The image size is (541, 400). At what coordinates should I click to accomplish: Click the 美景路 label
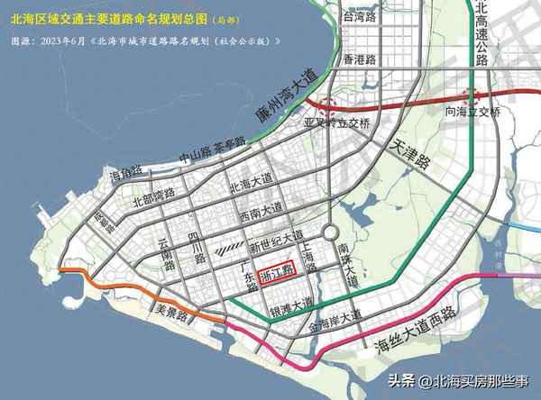tap(169, 307)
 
